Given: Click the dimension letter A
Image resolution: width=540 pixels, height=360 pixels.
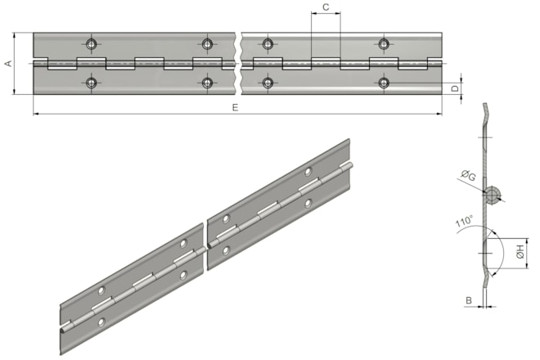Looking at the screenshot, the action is pyautogui.click(x=8, y=63).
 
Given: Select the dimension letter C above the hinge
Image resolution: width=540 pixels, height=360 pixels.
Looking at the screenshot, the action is pyautogui.click(x=326, y=7).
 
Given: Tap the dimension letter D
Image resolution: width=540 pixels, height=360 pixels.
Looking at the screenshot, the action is pyautogui.click(x=455, y=88).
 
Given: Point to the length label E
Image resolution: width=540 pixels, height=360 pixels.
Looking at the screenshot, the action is pyautogui.click(x=235, y=108).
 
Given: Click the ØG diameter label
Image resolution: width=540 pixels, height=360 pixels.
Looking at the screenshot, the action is pyautogui.click(x=468, y=176).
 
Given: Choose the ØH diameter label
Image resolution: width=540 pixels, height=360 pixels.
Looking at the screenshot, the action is pyautogui.click(x=520, y=251).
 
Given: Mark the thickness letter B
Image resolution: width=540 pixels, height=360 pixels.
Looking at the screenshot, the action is pyautogui.click(x=469, y=301).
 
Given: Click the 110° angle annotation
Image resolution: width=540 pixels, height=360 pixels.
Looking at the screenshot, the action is pyautogui.click(x=464, y=221).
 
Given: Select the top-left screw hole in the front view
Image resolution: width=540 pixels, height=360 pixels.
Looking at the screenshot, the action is pyautogui.click(x=92, y=43).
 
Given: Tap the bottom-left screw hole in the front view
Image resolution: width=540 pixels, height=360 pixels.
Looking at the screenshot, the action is pyautogui.click(x=92, y=83).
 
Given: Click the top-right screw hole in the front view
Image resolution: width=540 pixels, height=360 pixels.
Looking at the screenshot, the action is pyautogui.click(x=384, y=43).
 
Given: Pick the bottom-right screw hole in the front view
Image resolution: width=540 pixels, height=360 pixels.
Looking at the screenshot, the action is pyautogui.click(x=384, y=83).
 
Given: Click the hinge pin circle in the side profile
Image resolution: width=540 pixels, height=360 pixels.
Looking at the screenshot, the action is pyautogui.click(x=493, y=195).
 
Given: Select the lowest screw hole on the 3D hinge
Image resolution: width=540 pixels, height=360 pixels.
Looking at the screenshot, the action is pyautogui.click(x=101, y=322).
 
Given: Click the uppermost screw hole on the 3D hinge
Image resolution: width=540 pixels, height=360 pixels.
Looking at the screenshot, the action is pyautogui.click(x=308, y=171).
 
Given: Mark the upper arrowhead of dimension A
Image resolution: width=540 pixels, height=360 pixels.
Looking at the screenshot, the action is pyautogui.click(x=14, y=35).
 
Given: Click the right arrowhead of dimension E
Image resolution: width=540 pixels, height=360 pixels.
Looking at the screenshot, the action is pyautogui.click(x=439, y=114).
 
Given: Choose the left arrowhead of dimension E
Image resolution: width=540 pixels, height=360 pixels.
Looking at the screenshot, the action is pyautogui.click(x=36, y=114).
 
